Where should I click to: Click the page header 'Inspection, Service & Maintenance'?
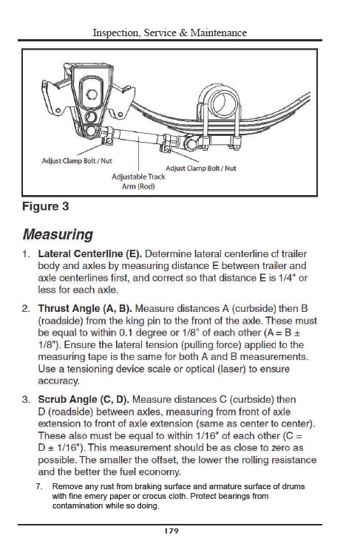pyautogui.click(x=169, y=33)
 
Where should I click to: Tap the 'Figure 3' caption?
pyautogui.click(x=45, y=206)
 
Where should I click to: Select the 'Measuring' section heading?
pyautogui.click(x=58, y=234)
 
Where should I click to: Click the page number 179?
pyautogui.click(x=171, y=531)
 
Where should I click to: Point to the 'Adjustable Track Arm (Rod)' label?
pyautogui.click(x=138, y=181)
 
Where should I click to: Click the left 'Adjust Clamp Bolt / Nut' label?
pyautogui.click(x=77, y=160)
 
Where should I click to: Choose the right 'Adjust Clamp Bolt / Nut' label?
pyautogui.click(x=201, y=168)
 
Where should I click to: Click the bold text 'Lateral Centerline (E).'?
pyautogui.click(x=90, y=253)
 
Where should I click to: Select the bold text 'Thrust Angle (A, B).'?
pyautogui.click(x=85, y=309)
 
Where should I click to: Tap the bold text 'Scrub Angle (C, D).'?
pyautogui.click(x=84, y=400)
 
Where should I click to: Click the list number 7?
pyautogui.click(x=39, y=487)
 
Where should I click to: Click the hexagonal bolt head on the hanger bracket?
pyautogui.click(x=92, y=95)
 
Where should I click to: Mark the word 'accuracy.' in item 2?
pyautogui.click(x=58, y=381)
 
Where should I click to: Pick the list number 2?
pyautogui.click(x=26, y=309)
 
